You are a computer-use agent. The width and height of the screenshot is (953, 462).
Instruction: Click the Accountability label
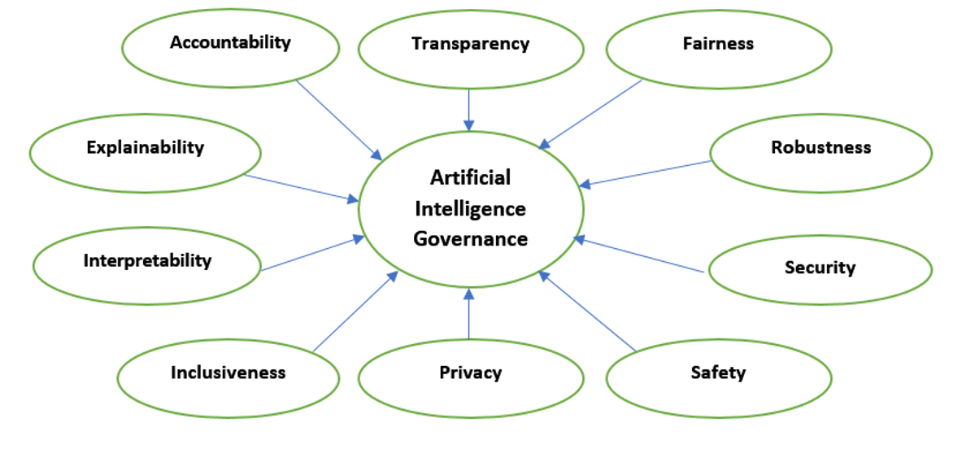[230, 43]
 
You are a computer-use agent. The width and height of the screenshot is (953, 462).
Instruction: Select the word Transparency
[470, 44]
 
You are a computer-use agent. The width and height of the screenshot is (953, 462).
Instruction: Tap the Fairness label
[718, 44]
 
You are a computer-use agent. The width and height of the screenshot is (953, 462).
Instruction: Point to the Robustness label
[820, 148]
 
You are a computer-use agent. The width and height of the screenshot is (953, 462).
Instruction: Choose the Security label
[820, 268]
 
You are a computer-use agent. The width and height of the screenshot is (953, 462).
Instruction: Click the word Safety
[718, 373]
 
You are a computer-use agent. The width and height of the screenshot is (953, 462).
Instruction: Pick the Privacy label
[470, 373]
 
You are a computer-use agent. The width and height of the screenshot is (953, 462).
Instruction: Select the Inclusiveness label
[228, 373]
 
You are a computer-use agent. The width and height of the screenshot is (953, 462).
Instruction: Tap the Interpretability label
[147, 261]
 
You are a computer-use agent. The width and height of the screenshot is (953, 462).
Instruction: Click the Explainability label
[145, 148]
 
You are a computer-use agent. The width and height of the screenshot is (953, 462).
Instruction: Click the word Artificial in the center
[470, 177]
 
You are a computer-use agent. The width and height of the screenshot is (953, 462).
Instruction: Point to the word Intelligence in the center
[470, 209]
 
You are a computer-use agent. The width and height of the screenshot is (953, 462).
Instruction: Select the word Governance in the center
[470, 239]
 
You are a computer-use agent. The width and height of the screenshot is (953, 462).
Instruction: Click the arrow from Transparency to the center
[469, 109]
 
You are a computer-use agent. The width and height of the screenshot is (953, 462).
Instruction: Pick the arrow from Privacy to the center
[469, 314]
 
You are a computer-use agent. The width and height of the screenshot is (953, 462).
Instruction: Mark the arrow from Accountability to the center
[337, 119]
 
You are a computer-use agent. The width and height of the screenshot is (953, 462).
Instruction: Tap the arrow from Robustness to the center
[646, 173]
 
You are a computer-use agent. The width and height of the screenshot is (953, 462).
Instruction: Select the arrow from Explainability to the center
[301, 187]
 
